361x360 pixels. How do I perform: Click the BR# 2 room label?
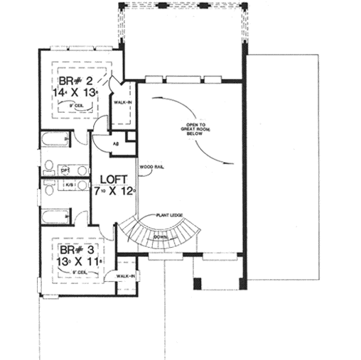(x=75, y=80)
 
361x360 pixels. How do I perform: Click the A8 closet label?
(x=116, y=143)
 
